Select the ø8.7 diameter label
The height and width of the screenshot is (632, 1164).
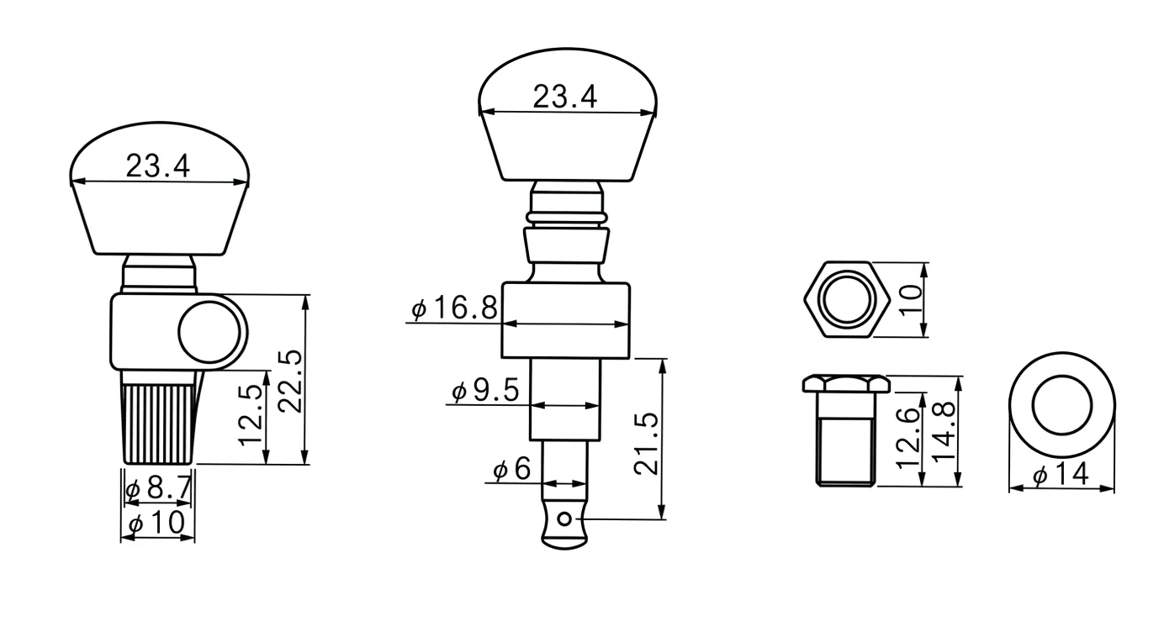click(x=158, y=487)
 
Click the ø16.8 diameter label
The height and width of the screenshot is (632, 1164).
click(x=454, y=308)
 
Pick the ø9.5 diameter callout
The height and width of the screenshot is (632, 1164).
click(x=485, y=391)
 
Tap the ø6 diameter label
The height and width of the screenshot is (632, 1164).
click(x=512, y=470)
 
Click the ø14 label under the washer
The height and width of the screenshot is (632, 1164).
click(x=1061, y=475)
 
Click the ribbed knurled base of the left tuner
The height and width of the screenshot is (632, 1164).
click(x=160, y=423)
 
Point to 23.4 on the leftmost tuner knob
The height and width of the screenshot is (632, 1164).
click(x=158, y=166)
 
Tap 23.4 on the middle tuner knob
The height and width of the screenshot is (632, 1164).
click(x=565, y=97)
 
